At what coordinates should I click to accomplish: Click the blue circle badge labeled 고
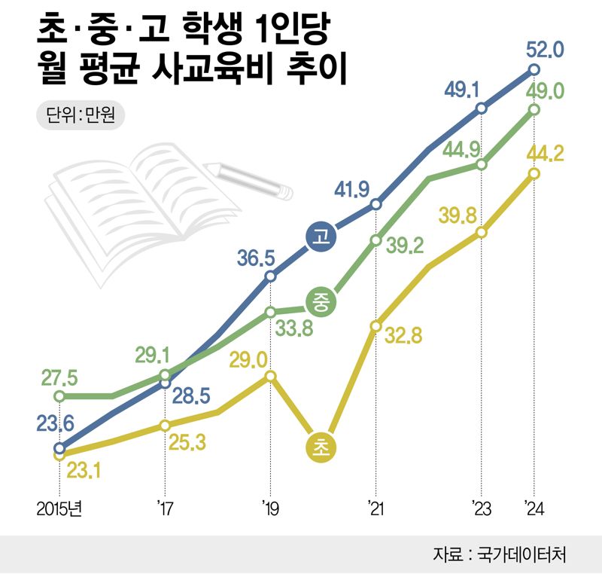[x=321, y=236]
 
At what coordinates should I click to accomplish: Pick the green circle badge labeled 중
[x=321, y=302]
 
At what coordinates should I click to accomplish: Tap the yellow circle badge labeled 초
[x=321, y=447]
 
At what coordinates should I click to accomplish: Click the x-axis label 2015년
[x=59, y=509]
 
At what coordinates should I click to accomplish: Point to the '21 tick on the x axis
[x=375, y=509]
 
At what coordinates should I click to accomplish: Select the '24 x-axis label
[x=534, y=509]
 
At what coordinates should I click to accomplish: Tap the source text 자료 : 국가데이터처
[x=499, y=554]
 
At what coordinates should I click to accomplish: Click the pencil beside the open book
[x=252, y=179]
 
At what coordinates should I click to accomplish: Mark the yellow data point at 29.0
[x=271, y=377]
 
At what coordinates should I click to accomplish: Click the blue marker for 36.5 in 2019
[x=271, y=276]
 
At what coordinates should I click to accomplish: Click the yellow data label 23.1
[x=84, y=472]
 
